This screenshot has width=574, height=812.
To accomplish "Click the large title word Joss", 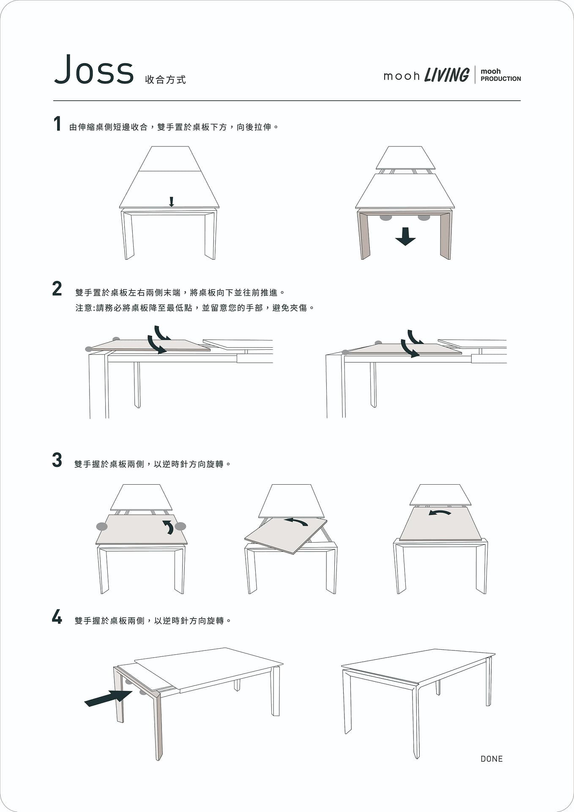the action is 94,70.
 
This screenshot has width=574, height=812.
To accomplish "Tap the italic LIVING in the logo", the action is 446,75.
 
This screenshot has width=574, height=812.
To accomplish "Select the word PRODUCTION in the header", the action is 501,79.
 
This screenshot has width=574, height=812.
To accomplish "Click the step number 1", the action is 57,124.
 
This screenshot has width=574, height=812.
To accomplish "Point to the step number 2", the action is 57,289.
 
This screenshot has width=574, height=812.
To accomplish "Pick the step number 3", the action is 57,460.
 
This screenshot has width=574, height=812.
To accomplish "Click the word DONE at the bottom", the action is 492,759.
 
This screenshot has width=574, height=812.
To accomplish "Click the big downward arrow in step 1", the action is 405,236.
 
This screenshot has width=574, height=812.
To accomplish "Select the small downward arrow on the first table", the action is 171,202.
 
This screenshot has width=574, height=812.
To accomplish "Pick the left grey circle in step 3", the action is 102,526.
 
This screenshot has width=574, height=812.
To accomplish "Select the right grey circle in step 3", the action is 180,526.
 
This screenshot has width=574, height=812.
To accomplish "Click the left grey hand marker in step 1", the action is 385,218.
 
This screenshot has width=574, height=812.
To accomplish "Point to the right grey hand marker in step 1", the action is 424,218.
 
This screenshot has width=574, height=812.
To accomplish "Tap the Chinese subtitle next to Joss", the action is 165,80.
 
